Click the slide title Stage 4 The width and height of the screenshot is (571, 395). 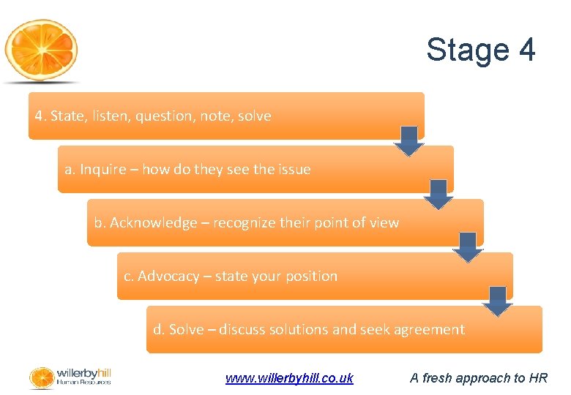[481, 50]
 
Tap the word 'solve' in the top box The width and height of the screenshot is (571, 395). [254, 116]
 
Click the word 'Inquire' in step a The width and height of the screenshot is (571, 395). [102, 170]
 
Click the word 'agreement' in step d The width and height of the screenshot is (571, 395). [429, 330]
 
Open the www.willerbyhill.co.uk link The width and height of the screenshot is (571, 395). [289, 378]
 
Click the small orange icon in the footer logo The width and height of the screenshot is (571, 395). [41, 377]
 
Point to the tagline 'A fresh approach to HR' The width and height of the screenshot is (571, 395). [479, 378]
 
